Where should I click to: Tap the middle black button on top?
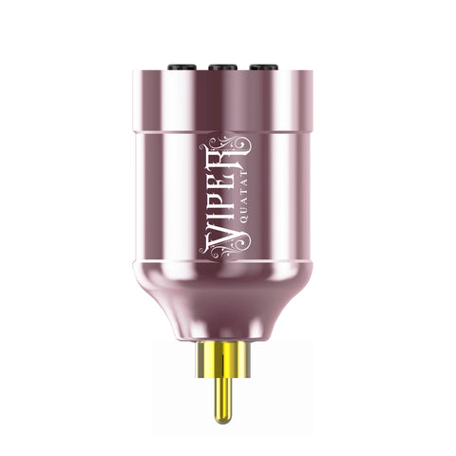click(x=224, y=67)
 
